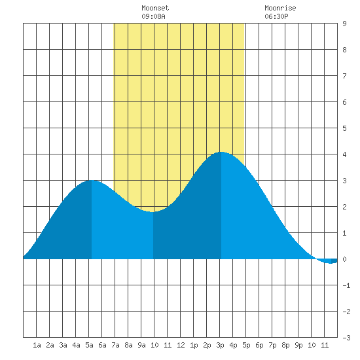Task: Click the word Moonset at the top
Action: tap(155, 8)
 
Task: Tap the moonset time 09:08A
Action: tap(153, 16)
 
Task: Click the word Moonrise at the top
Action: tap(280, 8)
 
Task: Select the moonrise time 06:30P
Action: tap(276, 16)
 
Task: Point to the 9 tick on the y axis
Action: tap(344, 24)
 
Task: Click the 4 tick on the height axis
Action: tap(344, 154)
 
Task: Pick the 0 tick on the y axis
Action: tap(344, 259)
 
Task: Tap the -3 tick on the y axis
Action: tap(346, 338)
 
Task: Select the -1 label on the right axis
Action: tap(346, 285)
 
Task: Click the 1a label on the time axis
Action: tap(37, 345)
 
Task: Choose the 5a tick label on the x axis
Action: tap(89, 345)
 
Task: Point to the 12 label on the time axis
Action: tap(181, 345)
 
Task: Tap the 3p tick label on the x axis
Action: tap(220, 345)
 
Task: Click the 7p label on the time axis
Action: tap(272, 345)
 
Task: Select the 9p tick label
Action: tap(298, 345)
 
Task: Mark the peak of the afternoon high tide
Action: tap(221, 152)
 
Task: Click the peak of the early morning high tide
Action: tap(92, 180)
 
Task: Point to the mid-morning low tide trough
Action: tap(153, 212)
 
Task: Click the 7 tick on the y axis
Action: tap(344, 76)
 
